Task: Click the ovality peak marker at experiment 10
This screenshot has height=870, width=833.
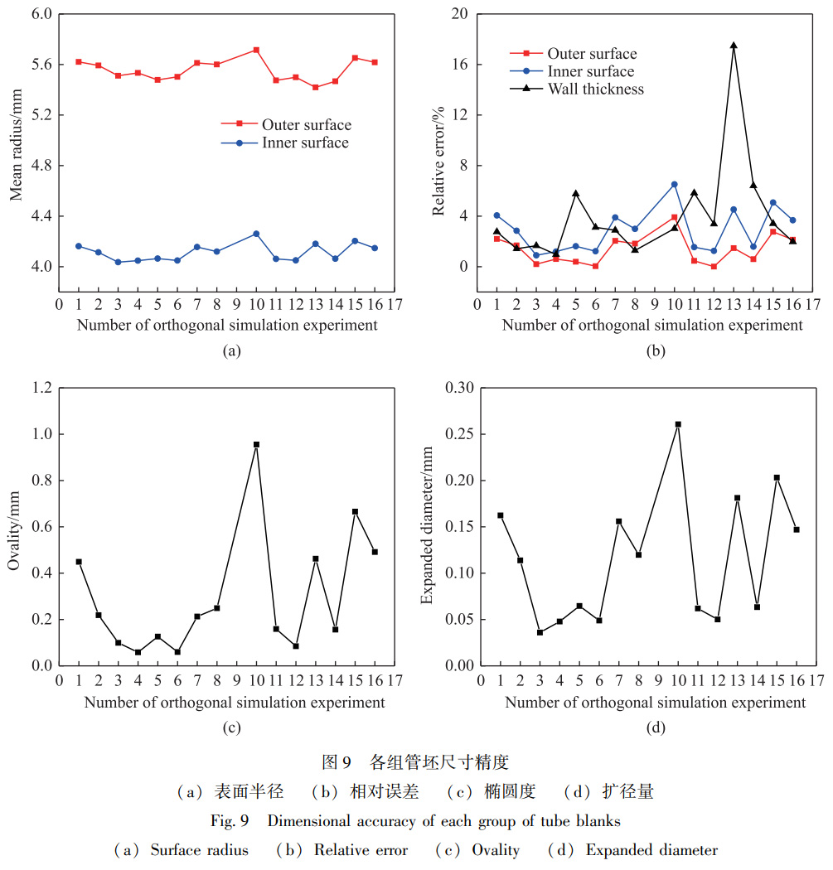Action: point(256,445)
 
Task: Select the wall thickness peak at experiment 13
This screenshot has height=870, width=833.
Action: point(734,46)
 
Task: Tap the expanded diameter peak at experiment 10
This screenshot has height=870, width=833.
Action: point(678,424)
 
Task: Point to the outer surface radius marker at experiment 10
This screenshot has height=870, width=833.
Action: point(256,50)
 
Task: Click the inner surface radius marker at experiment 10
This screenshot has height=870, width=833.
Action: point(256,234)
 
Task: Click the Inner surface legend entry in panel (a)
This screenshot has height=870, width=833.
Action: point(304,143)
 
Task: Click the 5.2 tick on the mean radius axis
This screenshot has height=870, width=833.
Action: point(38,115)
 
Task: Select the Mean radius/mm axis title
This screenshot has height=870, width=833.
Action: point(16,141)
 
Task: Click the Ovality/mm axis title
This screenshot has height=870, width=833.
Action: point(14,528)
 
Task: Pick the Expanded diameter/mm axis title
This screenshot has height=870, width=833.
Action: point(427,526)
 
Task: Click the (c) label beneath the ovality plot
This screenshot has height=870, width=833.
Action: point(231,728)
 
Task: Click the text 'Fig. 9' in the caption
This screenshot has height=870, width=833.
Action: point(249,821)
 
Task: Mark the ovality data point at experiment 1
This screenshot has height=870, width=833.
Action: point(79,562)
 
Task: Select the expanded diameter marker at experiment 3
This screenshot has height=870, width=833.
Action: point(540,632)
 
